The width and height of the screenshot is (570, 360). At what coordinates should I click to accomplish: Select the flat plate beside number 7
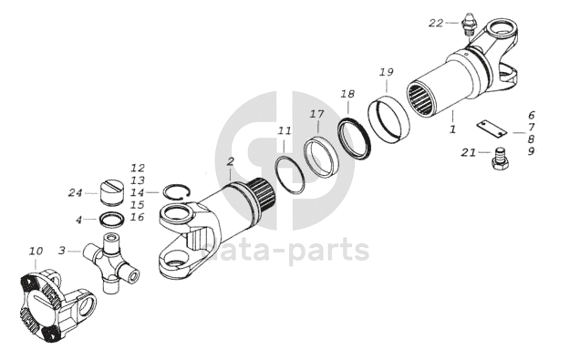click(x=492, y=129)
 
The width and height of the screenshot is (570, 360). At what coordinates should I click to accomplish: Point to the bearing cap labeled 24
click(x=111, y=193)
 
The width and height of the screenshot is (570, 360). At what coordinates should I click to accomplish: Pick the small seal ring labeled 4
click(x=112, y=220)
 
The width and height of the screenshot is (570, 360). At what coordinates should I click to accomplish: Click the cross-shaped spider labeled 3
click(x=110, y=262)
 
